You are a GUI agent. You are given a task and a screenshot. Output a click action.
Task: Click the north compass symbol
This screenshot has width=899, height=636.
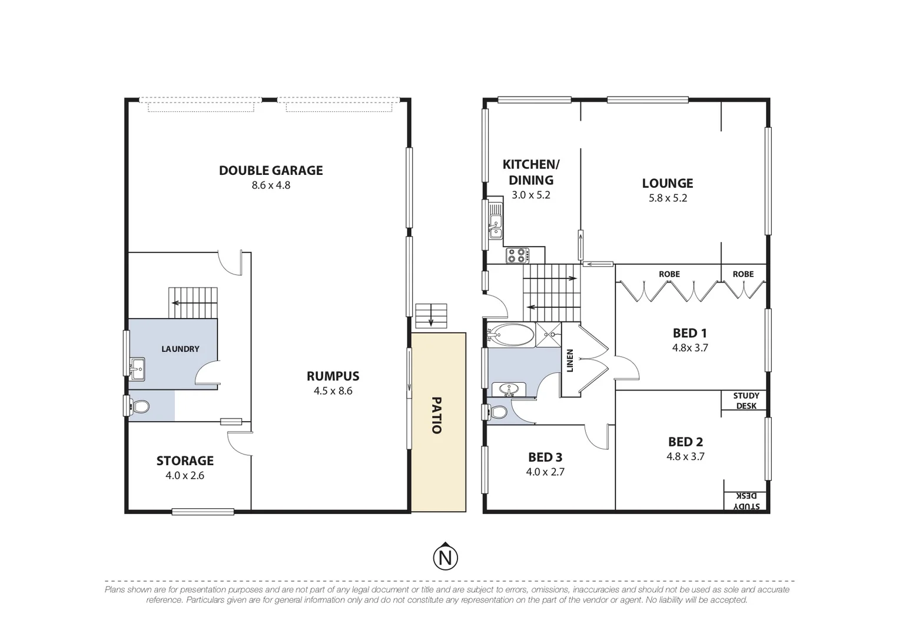pos(446,556)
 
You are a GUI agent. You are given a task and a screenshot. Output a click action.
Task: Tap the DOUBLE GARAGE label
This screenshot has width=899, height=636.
pos(271,170)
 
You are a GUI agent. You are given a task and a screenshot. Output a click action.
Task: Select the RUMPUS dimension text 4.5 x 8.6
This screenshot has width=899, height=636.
pos(333,390)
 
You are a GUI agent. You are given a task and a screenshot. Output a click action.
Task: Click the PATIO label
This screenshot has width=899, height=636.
pos(436,415)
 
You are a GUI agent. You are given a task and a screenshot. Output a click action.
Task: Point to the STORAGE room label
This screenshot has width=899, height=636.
pos(185,461)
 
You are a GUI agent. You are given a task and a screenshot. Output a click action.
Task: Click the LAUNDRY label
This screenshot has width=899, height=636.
pos(180,349)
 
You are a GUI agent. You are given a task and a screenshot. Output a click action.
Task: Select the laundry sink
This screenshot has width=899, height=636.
pos(137,369)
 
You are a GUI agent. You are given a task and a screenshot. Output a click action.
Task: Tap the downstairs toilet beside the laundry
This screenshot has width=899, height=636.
pos(139,406)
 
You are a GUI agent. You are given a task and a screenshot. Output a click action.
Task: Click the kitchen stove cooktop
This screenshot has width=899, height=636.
pos(517,256)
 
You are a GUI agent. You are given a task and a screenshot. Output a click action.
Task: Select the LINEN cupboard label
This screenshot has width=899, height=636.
pos(570,360)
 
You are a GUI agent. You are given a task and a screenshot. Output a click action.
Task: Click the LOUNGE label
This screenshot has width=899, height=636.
pos(667,183)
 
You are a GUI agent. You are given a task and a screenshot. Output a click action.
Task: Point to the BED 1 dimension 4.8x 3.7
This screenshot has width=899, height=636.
pos(690,347)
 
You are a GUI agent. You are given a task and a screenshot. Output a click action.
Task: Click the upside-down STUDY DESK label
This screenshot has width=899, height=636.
pos(746,501)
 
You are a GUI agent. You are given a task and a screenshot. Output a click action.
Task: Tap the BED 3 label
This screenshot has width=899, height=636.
pos(545,457)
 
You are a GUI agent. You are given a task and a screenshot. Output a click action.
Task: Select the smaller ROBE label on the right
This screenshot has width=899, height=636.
pos(743,274)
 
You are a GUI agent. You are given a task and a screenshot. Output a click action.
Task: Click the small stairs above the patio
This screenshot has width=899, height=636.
pos(431,316)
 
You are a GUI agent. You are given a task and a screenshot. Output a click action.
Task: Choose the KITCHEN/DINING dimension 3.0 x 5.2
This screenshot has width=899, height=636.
pos(530,195)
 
